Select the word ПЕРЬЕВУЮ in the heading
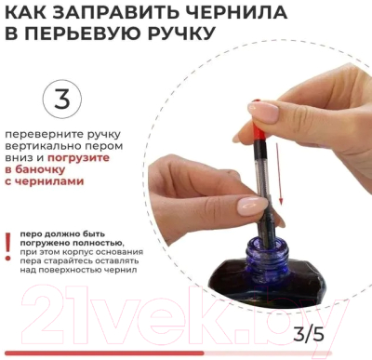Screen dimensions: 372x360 click(86, 33)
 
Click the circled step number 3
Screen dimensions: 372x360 click(62, 100)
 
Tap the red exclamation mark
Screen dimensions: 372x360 click(8, 247)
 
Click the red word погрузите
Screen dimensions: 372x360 click(78, 158)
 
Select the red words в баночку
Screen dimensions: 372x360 click(35, 169)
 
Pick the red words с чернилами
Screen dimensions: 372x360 click(45, 181)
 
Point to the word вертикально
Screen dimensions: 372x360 click(44, 146)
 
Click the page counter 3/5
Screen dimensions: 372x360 click(309, 335)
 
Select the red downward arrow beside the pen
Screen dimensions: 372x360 click(279, 178)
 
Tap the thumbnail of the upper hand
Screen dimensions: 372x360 click(263, 112)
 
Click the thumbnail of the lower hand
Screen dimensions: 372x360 click(252, 204)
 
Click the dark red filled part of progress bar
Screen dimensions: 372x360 click(104, 353)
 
